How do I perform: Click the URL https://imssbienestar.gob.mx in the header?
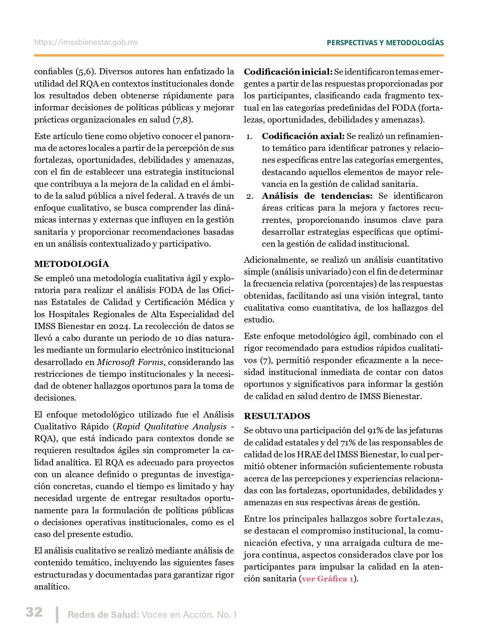pyautogui.click(x=86, y=43)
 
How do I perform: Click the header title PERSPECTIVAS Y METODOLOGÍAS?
pyautogui.click(x=385, y=43)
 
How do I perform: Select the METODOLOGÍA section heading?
pyautogui.click(x=71, y=264)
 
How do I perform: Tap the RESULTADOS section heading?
pyautogui.click(x=277, y=416)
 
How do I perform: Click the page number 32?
pyautogui.click(x=34, y=612)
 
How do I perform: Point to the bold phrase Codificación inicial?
pyautogui.click(x=288, y=72)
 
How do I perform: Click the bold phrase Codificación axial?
pyautogui.click(x=303, y=136)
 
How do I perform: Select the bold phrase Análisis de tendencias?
pyautogui.click(x=317, y=196)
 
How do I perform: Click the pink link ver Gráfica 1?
pyautogui.click(x=328, y=578)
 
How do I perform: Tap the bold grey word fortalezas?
pyautogui.click(x=417, y=519)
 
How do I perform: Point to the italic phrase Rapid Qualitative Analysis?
pyautogui.click(x=171, y=426)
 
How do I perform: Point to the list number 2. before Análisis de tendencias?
pyautogui.click(x=250, y=196)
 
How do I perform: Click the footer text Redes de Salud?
pyautogui.click(x=103, y=615)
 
